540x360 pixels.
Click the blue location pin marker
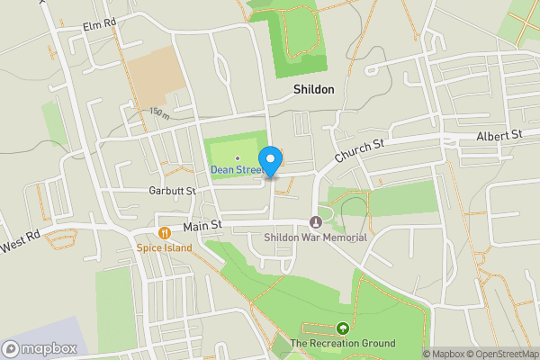271,160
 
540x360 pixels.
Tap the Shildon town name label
313,90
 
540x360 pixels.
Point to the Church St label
359,149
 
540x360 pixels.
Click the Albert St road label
499,135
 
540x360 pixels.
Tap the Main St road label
202,228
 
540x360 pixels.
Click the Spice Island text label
164,247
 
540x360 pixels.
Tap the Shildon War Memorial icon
316,222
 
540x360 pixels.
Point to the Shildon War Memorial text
316,238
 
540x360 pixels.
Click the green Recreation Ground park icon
342,328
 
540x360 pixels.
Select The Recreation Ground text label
342,344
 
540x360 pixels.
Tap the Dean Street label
237,170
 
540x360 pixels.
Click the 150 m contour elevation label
159,113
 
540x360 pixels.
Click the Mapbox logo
39,348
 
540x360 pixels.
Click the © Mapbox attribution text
443,354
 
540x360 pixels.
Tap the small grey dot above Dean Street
237,158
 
